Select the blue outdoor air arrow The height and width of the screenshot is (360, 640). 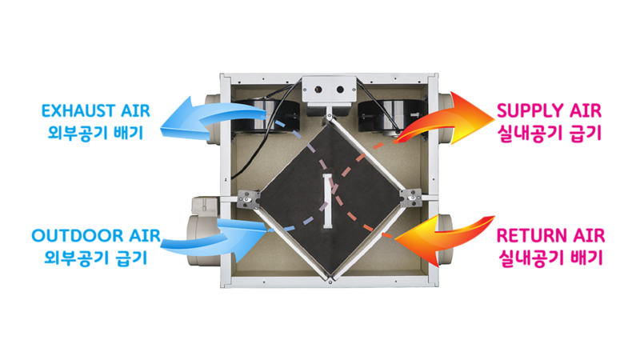point(232,232)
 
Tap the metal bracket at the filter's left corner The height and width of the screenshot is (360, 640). point(249,196)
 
